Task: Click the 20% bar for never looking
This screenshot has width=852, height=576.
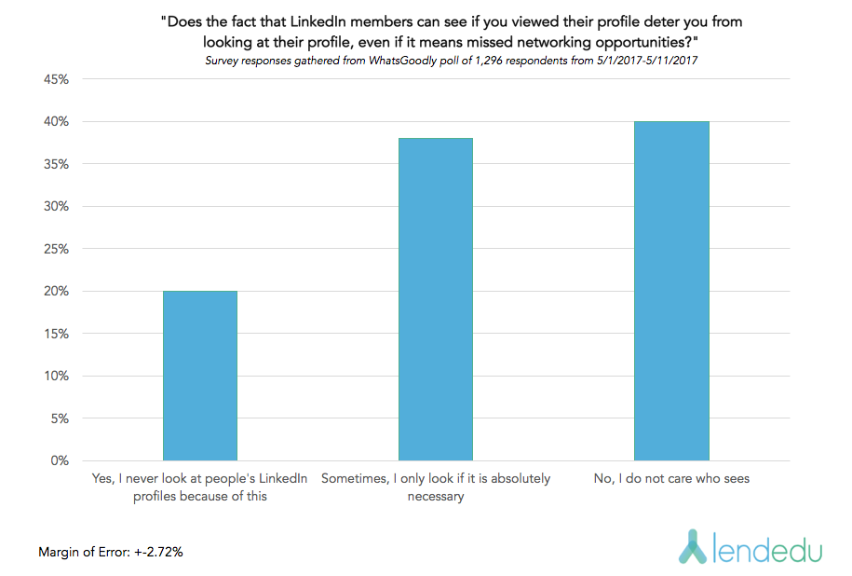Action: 199,376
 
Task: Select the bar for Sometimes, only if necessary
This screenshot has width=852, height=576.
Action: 435,299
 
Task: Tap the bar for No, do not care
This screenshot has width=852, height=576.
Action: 671,291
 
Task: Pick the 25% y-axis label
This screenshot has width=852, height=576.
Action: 56,249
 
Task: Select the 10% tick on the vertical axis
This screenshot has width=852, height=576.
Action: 56,376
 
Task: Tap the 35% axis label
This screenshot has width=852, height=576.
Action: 56,164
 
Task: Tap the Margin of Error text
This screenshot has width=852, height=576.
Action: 110,552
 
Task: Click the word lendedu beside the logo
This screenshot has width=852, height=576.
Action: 768,550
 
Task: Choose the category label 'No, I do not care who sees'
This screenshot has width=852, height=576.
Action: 671,479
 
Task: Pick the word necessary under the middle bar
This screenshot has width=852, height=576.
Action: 435,496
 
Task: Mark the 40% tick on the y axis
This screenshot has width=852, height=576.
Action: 56,121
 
